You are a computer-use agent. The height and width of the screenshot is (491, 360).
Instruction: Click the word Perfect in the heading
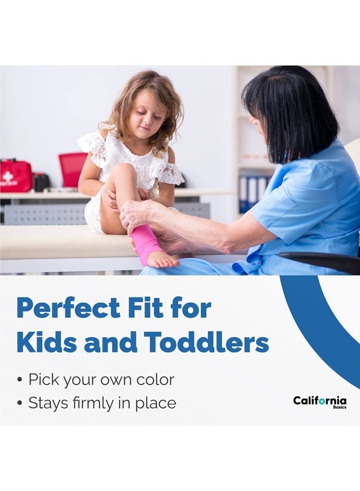click(x=68, y=308)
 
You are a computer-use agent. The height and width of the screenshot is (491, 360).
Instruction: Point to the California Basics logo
click(x=320, y=402)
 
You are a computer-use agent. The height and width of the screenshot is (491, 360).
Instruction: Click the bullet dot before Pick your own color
click(x=20, y=380)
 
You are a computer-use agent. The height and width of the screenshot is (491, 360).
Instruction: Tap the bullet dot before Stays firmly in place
click(x=20, y=403)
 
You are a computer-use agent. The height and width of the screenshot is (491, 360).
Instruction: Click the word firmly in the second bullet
click(x=93, y=403)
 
